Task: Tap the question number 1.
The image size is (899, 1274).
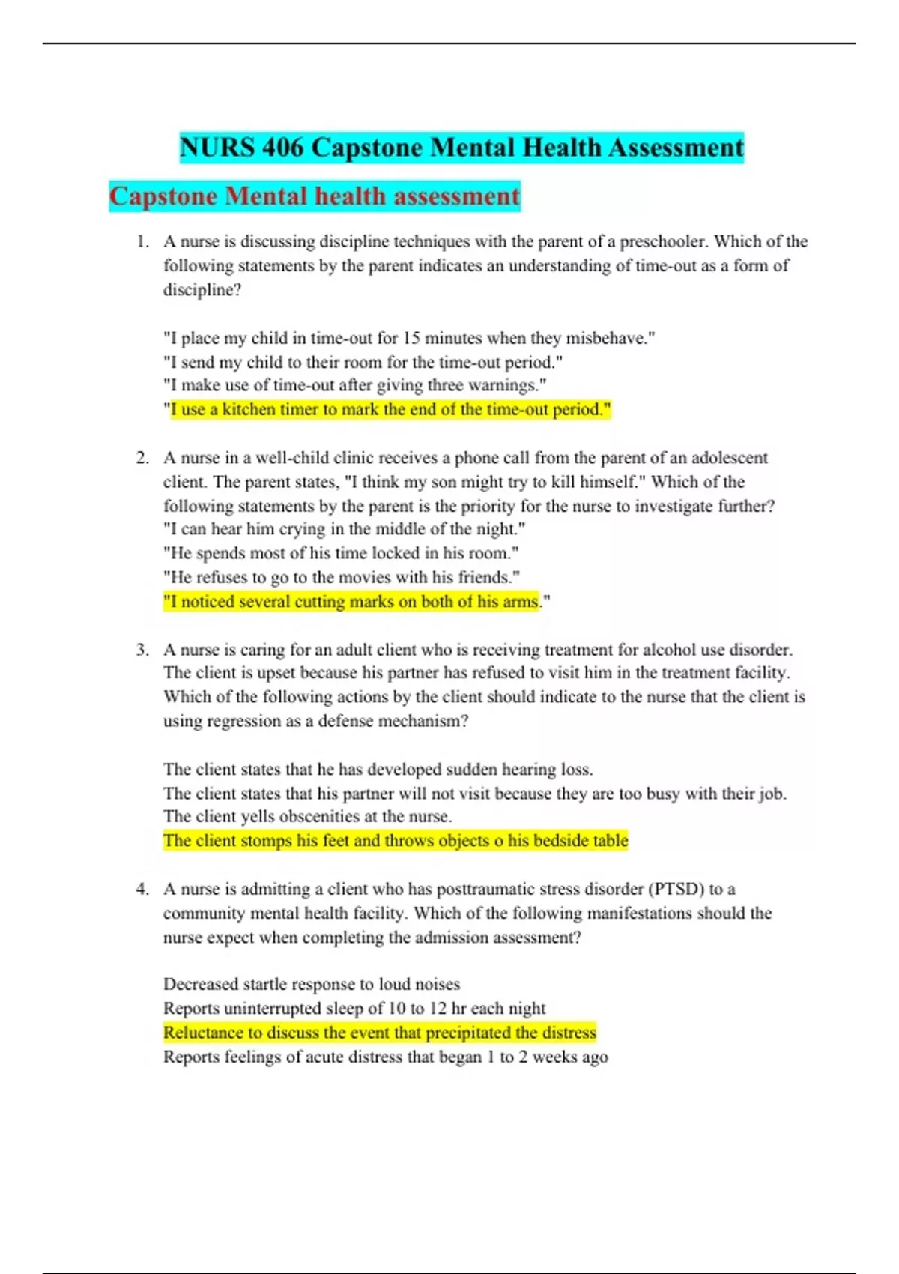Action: (142, 241)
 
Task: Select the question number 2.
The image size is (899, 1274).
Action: (142, 458)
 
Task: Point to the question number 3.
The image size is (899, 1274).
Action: (142, 650)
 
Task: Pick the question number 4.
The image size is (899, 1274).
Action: (142, 889)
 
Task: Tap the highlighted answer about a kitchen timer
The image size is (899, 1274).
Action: (390, 410)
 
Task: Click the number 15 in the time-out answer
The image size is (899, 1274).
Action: (411, 338)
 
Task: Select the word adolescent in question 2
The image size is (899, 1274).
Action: (729, 458)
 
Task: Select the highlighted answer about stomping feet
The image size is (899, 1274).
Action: (396, 841)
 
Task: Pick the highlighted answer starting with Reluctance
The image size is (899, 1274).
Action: (380, 1033)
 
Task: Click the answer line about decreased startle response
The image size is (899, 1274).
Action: (312, 985)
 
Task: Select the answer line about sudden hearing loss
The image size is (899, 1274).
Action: (378, 770)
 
